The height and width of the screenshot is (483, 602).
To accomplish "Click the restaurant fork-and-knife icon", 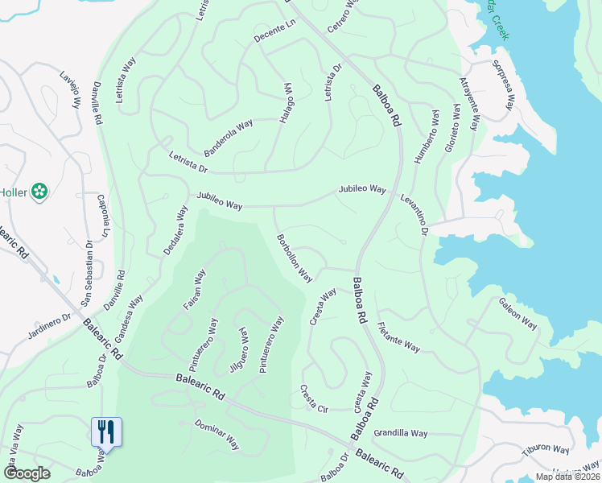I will (106, 431).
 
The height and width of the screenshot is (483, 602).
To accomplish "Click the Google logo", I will (27, 473).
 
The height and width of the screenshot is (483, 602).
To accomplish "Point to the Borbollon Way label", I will (294, 258).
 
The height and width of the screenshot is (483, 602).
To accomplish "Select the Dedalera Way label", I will (175, 230).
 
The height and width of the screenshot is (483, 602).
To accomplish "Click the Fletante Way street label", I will (398, 336).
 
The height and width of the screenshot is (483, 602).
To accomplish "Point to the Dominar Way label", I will (217, 435).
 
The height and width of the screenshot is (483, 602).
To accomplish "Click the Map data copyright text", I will (567, 477).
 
